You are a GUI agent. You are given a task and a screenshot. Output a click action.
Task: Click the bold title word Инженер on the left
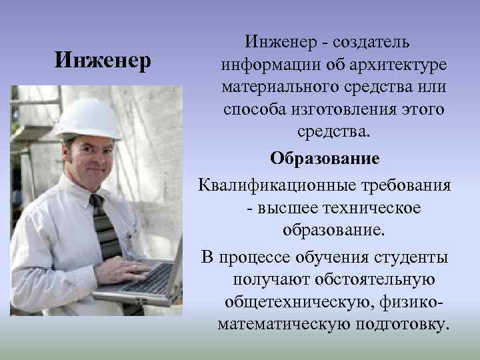tap(103, 61)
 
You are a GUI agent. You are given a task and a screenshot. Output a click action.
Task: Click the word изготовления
tap(347, 111)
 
